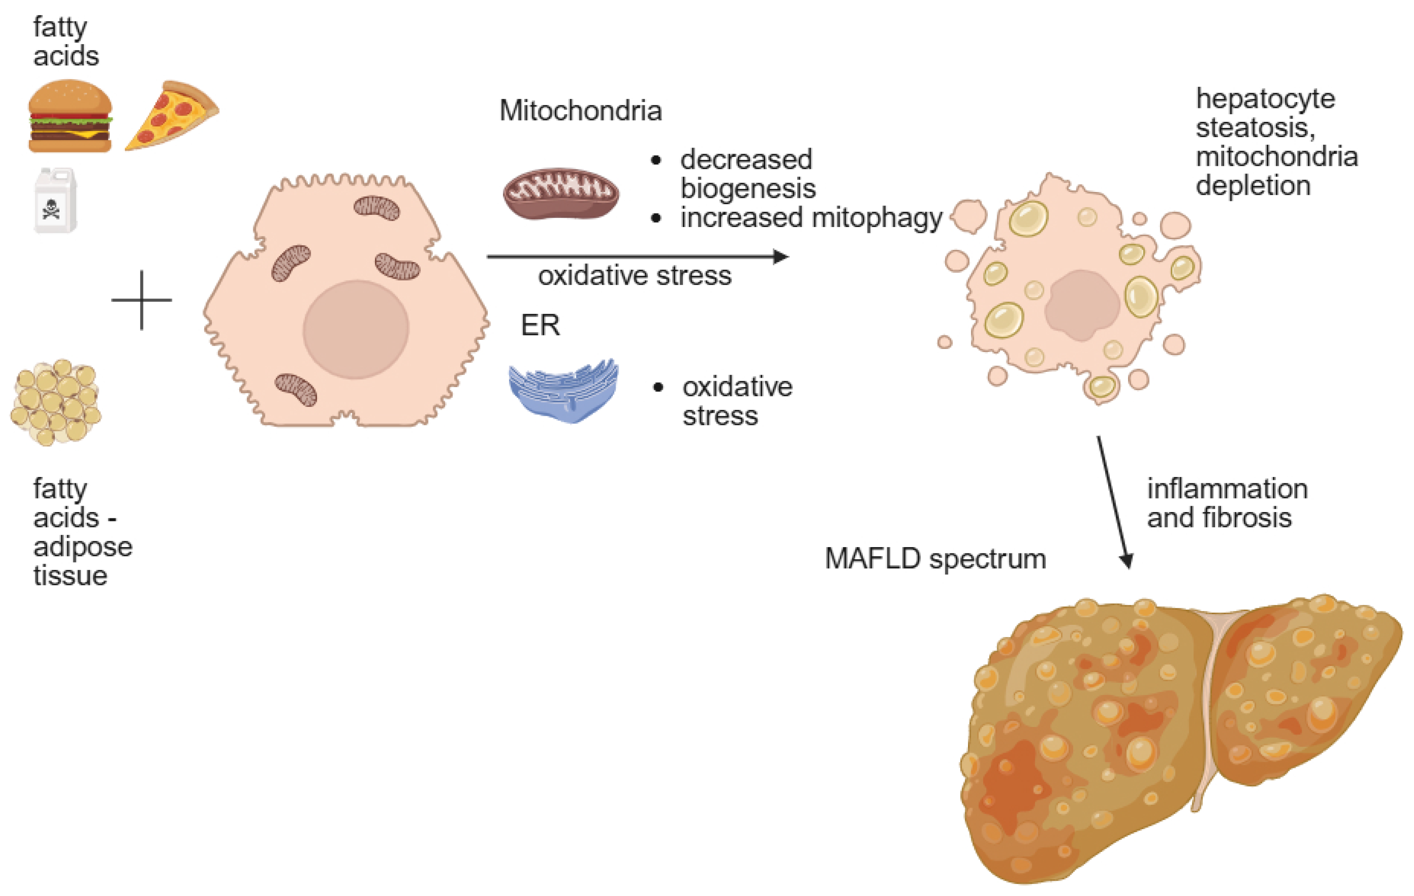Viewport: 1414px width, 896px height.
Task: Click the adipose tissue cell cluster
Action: point(56,402)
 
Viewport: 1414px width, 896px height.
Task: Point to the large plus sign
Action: point(142,300)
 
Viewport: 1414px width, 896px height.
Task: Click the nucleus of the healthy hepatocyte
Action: point(355,330)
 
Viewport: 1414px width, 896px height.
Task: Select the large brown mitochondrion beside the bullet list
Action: point(560,193)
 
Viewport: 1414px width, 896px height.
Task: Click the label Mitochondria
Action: point(580,111)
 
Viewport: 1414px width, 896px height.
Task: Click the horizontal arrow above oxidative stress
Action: point(637,257)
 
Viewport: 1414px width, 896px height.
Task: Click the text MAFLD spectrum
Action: point(935,558)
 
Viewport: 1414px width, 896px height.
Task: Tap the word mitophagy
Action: point(876,218)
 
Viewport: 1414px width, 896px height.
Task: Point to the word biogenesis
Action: point(748,188)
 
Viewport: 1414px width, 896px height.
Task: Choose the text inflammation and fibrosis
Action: point(1226,503)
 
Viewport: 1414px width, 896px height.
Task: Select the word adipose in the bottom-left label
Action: point(83,547)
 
